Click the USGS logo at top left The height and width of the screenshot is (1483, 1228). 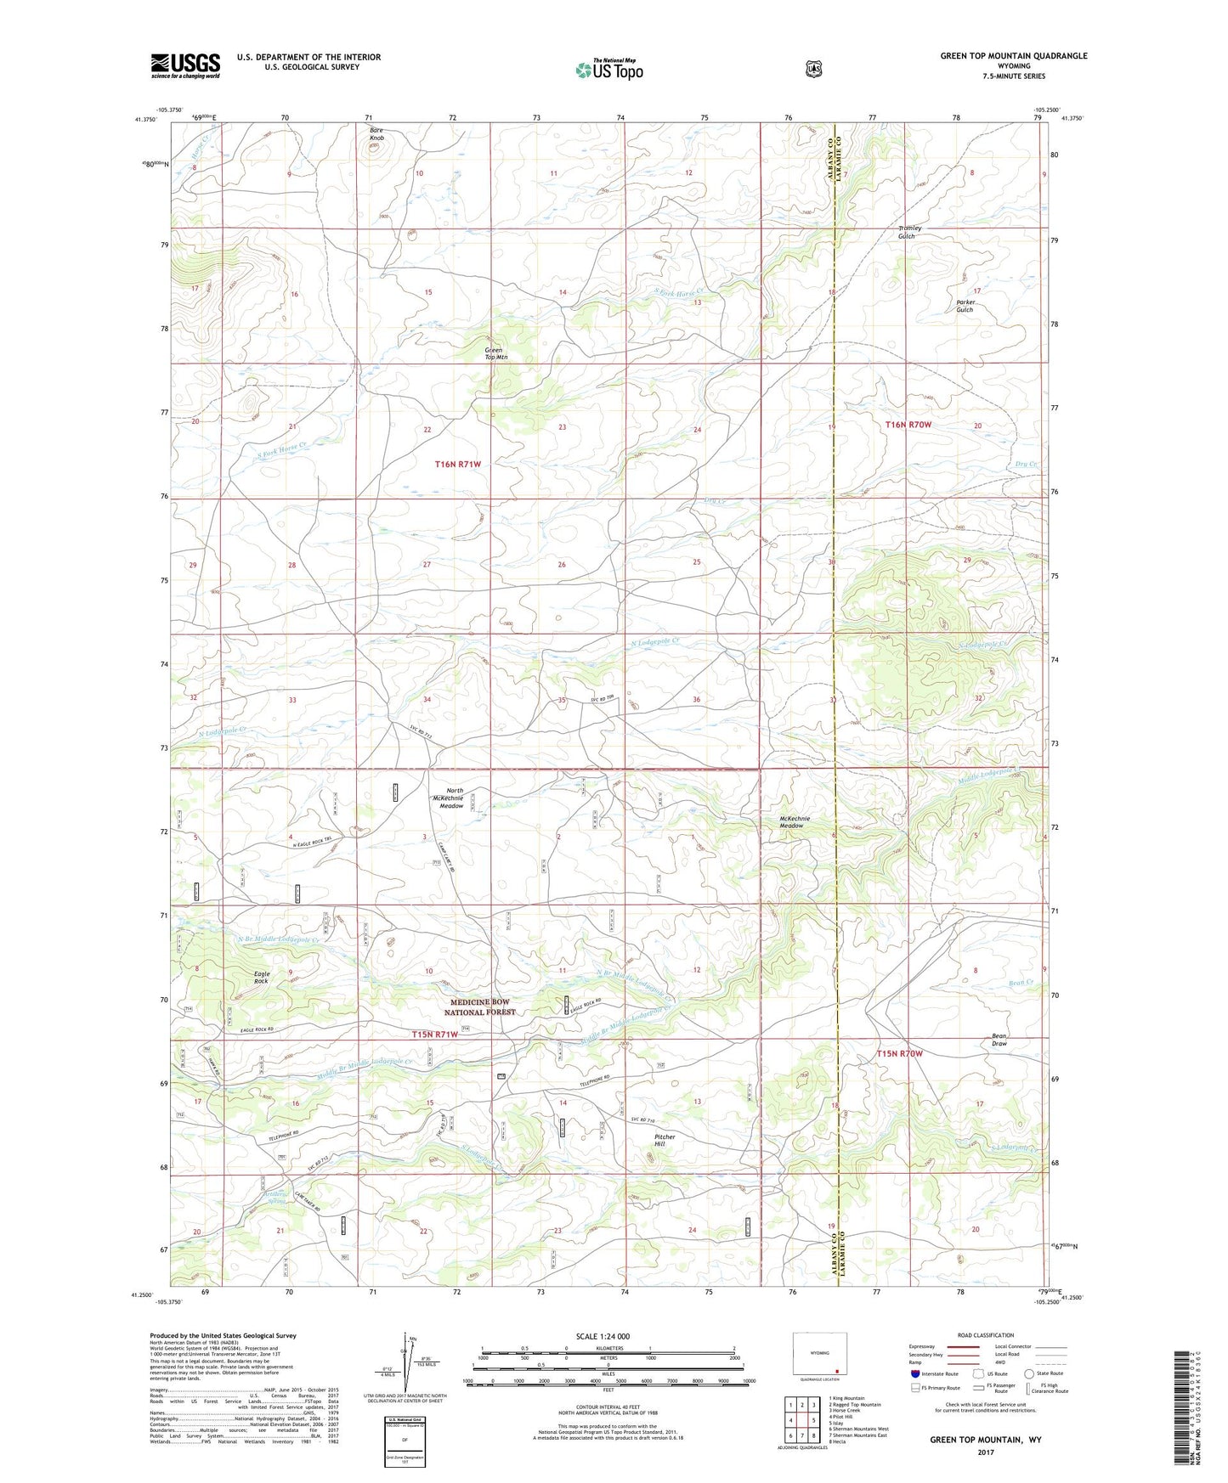pyautogui.click(x=185, y=65)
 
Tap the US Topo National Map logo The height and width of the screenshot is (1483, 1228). pyautogui.click(x=608, y=69)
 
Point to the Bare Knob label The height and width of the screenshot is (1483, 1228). pyautogui.click(x=376, y=133)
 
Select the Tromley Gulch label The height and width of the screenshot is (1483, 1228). pyautogui.click(x=909, y=232)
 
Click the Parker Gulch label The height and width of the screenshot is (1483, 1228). pyautogui.click(x=965, y=306)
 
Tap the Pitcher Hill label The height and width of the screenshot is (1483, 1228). pyautogui.click(x=665, y=1140)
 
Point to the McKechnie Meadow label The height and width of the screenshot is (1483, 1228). pyautogui.click(x=795, y=822)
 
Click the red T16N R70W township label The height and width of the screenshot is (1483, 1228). pyautogui.click(x=908, y=424)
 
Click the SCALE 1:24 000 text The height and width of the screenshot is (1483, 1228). pyautogui.click(x=603, y=1336)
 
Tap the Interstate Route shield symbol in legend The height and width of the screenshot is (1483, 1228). pyautogui.click(x=914, y=1373)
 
